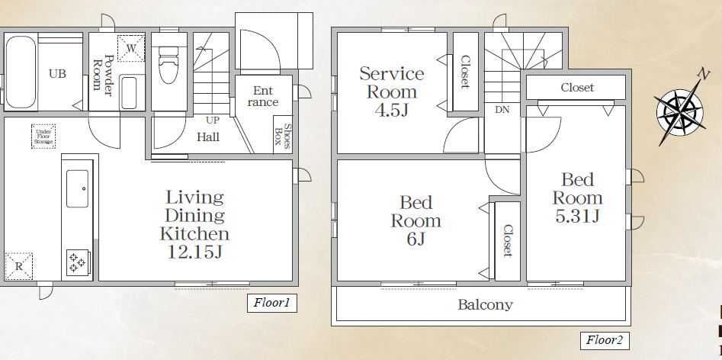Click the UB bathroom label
57,74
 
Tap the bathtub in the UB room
21,72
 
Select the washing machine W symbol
131,48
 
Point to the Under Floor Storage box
43,137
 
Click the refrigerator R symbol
18,265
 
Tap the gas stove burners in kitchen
78,262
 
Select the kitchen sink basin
78,188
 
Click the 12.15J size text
194,252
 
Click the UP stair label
213,120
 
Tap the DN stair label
502,110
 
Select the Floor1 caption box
271,304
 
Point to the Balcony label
485,305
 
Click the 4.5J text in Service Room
392,110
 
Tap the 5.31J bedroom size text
577,217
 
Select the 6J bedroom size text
416,239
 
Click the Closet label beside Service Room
464,72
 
